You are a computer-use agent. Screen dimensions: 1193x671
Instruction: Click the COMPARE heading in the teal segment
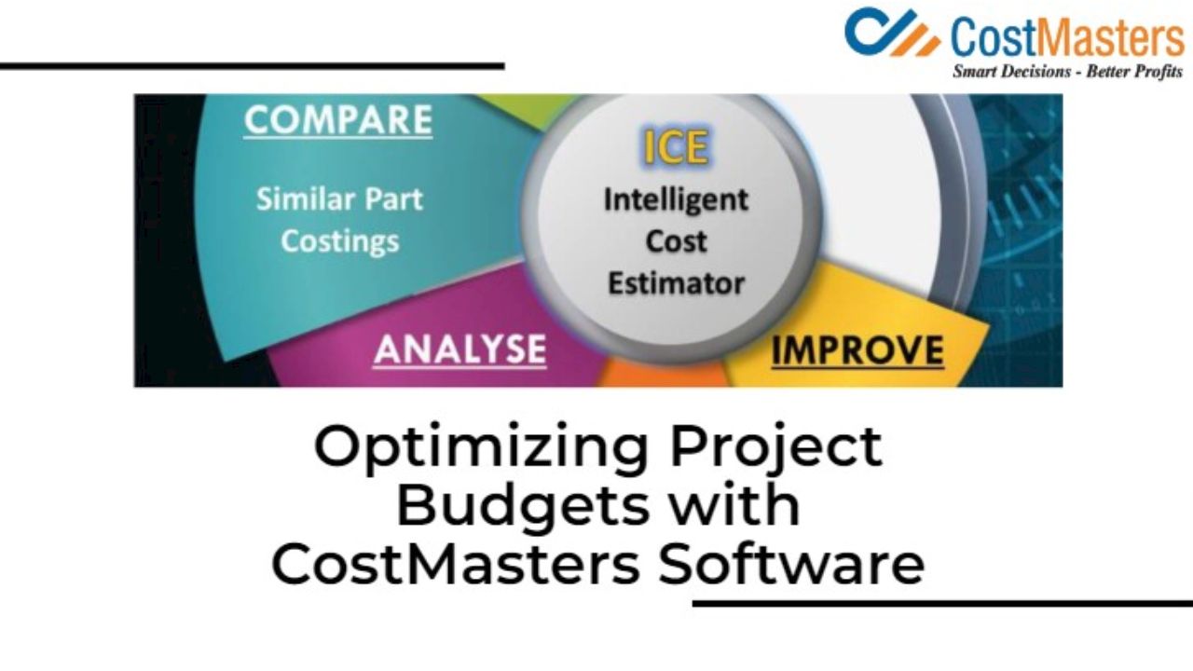point(338,119)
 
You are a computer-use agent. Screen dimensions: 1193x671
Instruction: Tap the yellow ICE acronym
point(677,146)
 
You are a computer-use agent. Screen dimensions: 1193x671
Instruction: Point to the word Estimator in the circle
point(676,282)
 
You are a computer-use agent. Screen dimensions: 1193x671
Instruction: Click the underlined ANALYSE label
point(460,349)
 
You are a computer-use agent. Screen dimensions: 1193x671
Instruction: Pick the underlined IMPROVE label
point(857,350)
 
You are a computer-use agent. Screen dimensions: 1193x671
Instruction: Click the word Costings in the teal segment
point(340,241)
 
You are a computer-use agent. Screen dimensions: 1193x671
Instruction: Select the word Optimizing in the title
point(480,448)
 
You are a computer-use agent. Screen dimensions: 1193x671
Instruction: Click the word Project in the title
point(776,448)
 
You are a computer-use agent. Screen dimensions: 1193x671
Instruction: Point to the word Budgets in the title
point(523,505)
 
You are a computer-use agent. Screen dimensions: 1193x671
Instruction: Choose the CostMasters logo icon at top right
point(892,32)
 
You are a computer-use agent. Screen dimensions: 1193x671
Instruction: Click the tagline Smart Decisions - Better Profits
point(1067,72)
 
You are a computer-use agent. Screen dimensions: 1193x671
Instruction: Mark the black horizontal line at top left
point(252,66)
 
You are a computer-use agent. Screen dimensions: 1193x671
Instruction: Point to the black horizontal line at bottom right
point(942,603)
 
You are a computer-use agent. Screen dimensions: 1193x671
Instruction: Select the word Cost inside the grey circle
point(676,241)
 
